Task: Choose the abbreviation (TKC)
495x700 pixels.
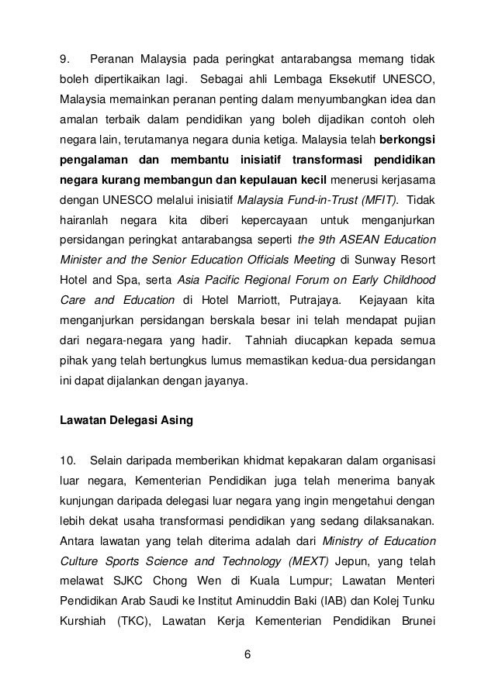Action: pos(135,620)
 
